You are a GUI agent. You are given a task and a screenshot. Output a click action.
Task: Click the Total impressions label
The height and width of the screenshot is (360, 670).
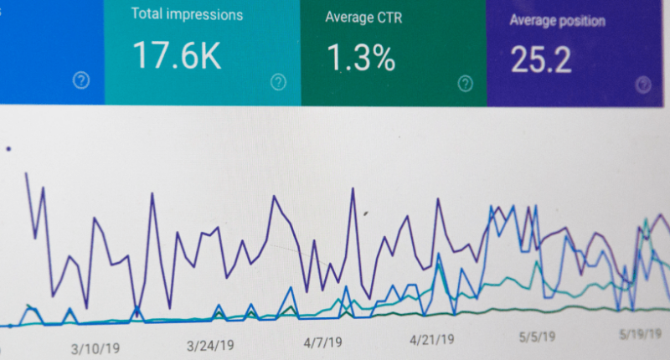(x=187, y=14)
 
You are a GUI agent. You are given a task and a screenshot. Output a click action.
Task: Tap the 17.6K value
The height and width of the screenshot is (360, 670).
(x=177, y=55)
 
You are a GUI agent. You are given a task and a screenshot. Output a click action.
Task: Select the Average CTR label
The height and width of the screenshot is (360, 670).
(x=363, y=18)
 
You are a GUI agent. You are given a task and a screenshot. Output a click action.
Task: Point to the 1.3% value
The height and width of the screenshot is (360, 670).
(x=361, y=58)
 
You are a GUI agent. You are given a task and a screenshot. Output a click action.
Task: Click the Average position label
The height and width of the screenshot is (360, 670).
(x=557, y=20)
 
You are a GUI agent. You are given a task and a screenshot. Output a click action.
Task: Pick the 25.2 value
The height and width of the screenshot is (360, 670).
(x=541, y=59)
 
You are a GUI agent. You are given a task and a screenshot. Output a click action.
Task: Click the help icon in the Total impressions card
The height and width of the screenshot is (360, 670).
(x=278, y=81)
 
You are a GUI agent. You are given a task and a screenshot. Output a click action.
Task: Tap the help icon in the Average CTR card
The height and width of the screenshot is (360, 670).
(x=466, y=83)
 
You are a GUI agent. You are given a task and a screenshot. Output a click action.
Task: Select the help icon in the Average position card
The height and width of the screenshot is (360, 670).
(x=643, y=85)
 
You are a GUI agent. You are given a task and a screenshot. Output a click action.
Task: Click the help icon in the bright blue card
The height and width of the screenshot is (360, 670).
(x=81, y=80)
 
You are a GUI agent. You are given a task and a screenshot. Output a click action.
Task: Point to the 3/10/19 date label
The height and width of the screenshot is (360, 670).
(x=95, y=348)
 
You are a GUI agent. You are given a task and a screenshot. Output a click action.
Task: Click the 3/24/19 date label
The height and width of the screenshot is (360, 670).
(x=210, y=345)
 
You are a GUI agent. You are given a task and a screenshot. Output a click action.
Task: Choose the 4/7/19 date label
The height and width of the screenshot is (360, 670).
(x=322, y=342)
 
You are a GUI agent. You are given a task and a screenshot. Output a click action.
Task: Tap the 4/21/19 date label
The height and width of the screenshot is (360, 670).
(x=431, y=340)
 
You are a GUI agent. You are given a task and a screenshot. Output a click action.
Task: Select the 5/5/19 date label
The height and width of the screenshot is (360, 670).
(x=537, y=337)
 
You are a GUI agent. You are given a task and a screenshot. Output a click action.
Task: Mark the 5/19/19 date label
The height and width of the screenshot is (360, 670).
(x=641, y=334)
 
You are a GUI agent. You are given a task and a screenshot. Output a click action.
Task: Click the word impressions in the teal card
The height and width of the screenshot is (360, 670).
(x=204, y=14)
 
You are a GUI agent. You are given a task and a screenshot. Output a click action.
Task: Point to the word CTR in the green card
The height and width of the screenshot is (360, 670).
(x=389, y=18)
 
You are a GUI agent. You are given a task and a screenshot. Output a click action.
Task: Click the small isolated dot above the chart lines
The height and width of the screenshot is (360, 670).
(x=8, y=149)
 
